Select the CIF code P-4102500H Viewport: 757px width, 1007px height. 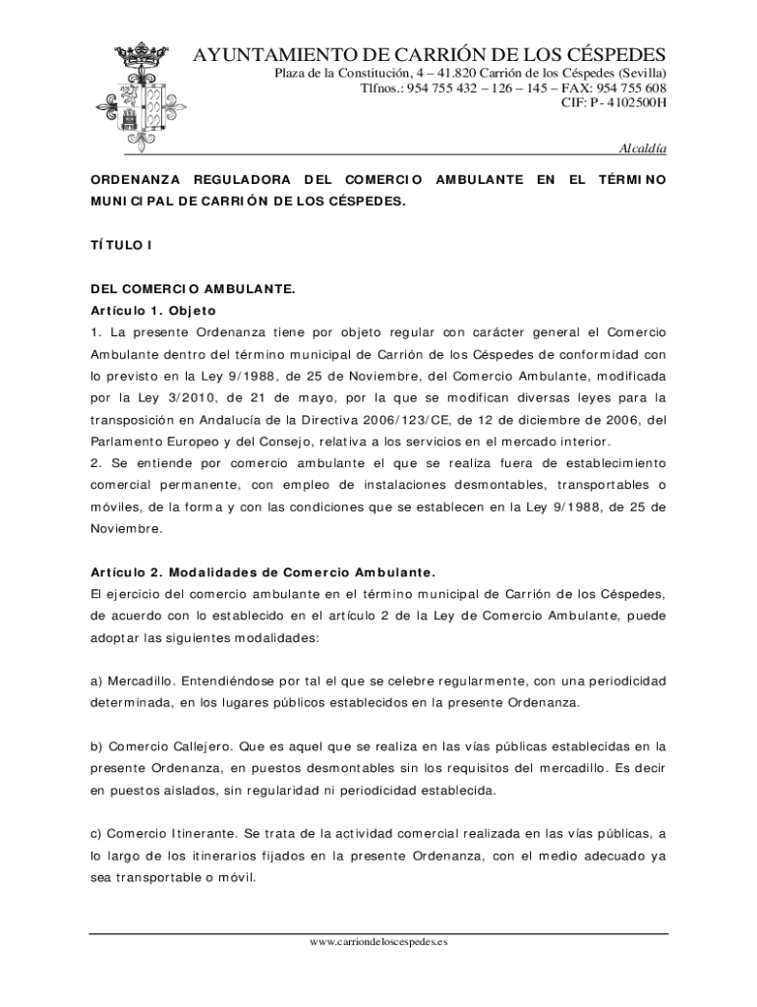(x=613, y=103)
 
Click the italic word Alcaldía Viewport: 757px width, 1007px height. (x=642, y=148)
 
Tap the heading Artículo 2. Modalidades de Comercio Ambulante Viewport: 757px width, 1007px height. (x=262, y=571)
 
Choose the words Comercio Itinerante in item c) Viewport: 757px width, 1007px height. (x=171, y=833)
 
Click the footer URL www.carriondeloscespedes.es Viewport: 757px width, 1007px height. (x=378, y=942)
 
